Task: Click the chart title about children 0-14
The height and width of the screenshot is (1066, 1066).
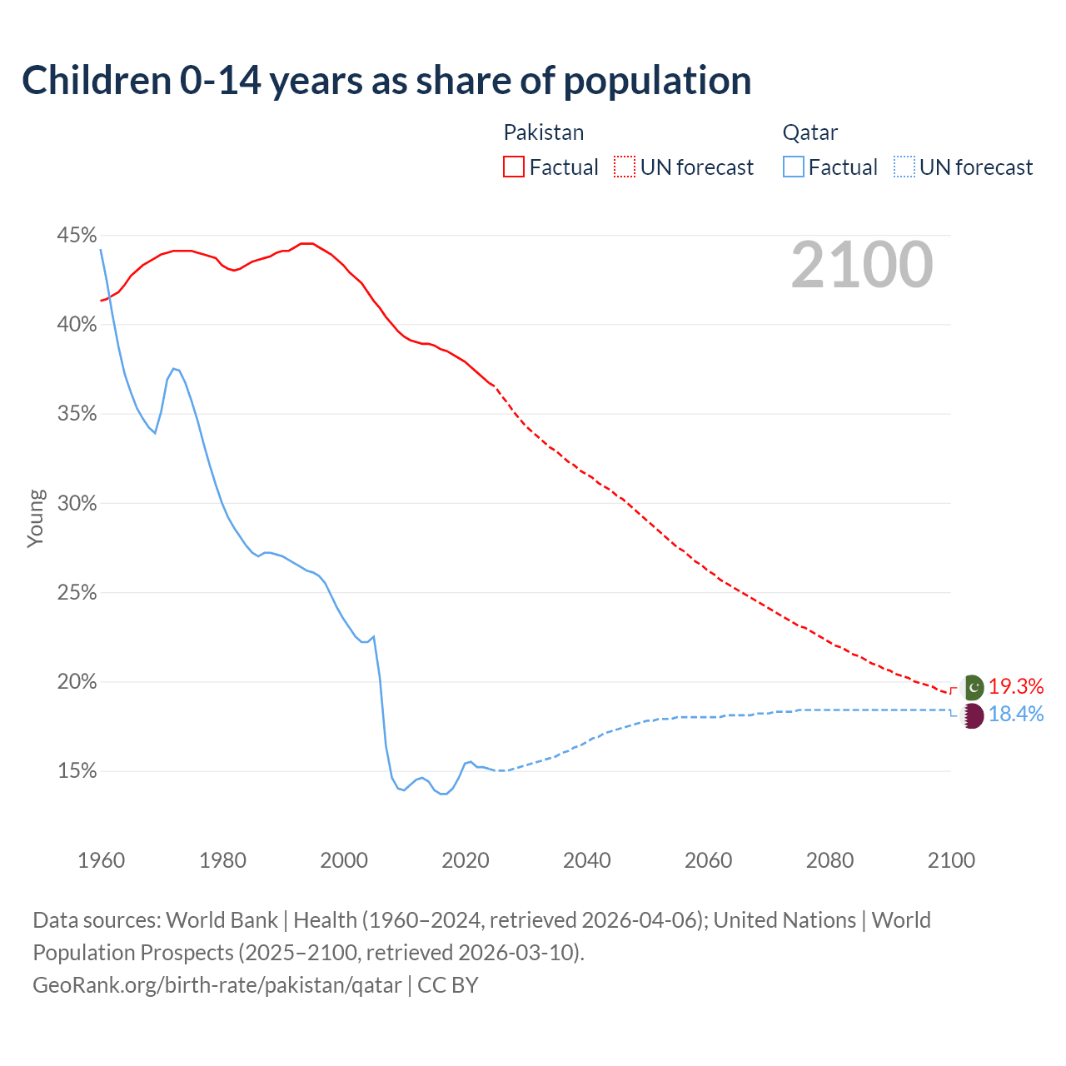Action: [386, 81]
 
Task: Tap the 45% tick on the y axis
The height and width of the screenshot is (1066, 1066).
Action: [77, 236]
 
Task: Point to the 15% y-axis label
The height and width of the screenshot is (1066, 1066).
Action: [77, 771]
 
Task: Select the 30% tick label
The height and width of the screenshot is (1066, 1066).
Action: [77, 503]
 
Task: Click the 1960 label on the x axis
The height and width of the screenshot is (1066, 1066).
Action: [101, 860]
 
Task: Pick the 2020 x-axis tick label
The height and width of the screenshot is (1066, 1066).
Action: [465, 860]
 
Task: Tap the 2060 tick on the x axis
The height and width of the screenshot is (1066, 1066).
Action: [708, 860]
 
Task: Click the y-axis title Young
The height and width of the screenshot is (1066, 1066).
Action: [36, 518]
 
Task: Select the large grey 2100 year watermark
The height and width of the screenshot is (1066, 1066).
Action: [862, 265]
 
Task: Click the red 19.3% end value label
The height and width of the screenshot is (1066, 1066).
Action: [1016, 686]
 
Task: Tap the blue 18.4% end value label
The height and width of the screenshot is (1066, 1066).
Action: [1016, 714]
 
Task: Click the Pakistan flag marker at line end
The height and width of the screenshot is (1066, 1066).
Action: [973, 687]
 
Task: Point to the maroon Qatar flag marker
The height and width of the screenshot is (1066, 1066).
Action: [973, 715]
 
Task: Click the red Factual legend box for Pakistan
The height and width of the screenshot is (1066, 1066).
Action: [514, 167]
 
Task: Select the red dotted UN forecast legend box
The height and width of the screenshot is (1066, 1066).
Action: [625, 167]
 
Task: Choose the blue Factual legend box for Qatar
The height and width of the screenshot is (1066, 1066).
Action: [794, 167]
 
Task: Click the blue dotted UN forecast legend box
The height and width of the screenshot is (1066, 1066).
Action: [904, 167]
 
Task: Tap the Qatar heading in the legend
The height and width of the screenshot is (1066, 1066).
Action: [809, 132]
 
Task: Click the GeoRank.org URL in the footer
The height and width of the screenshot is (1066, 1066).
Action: [217, 985]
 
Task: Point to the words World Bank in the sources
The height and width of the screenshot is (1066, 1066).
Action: [222, 920]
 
